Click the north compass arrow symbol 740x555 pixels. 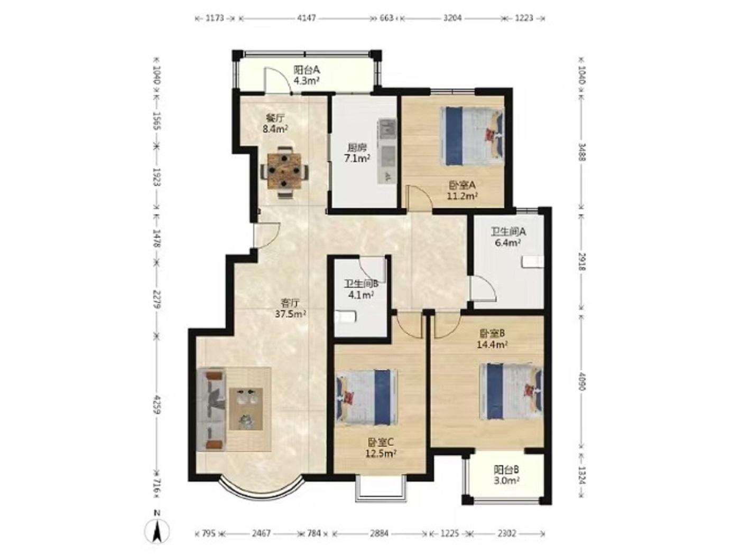(157, 532)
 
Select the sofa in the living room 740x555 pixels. (211, 409)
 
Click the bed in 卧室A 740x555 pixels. (472, 136)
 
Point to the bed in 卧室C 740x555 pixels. (366, 397)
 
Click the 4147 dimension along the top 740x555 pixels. (306, 18)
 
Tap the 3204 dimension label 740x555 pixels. (452, 18)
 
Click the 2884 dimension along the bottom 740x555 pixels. (379, 533)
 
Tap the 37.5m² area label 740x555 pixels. (291, 314)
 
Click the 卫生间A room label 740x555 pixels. (508, 231)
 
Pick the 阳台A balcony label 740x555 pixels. (306, 70)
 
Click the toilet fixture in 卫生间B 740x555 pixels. (345, 317)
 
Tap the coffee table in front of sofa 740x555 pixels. (246, 409)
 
